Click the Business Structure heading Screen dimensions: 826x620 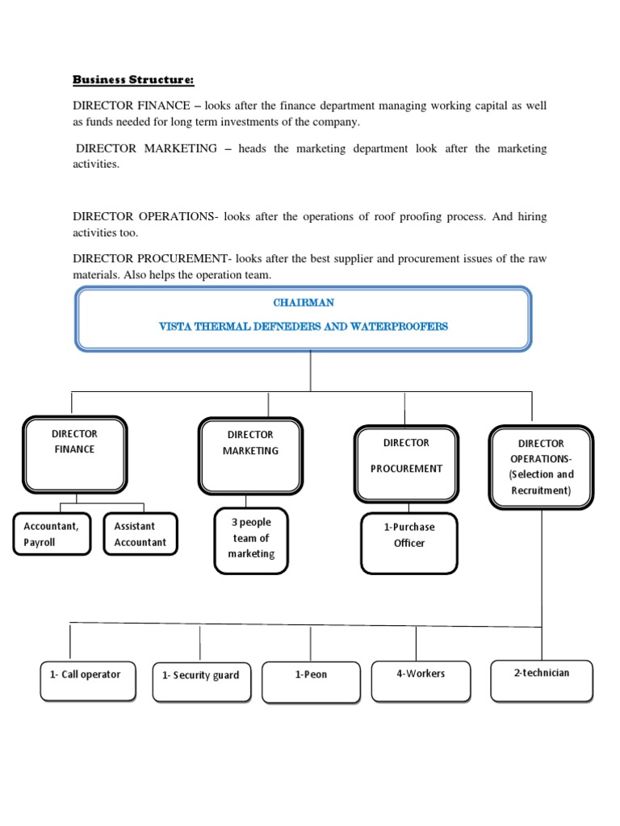click(x=134, y=80)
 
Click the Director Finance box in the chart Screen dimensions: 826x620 click(x=74, y=453)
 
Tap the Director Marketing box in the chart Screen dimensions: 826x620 click(x=250, y=455)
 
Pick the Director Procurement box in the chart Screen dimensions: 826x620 click(x=406, y=464)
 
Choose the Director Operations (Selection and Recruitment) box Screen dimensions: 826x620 click(x=542, y=467)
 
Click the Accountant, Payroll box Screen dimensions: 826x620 click(x=52, y=534)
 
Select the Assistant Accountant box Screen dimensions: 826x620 click(x=140, y=534)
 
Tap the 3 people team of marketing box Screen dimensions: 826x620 click(x=252, y=538)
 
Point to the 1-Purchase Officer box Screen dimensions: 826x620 click(x=408, y=543)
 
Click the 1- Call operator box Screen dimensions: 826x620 click(x=88, y=680)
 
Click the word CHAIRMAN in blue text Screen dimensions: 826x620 click(x=304, y=302)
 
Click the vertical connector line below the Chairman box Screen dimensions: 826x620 click(x=311, y=371)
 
